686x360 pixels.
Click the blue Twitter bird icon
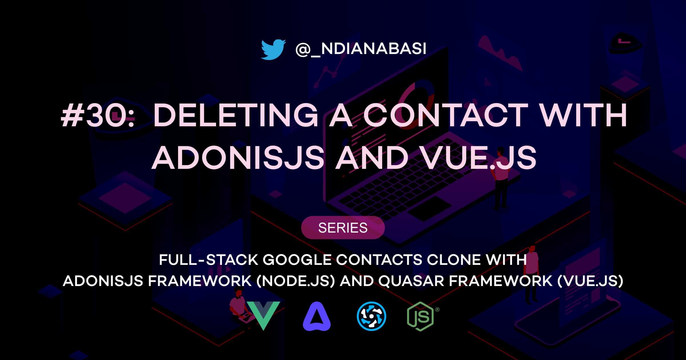273,49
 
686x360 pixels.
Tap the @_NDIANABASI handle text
361,49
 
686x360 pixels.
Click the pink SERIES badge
343,228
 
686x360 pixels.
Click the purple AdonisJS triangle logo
317,316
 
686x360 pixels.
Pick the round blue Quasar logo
371,316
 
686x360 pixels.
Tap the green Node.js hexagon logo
420,317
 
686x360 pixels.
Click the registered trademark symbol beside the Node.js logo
437,309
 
